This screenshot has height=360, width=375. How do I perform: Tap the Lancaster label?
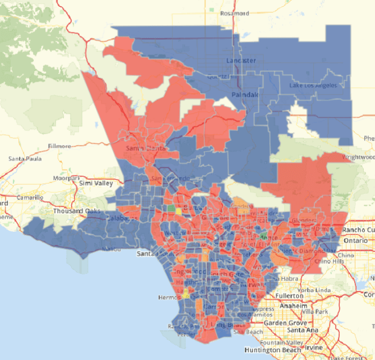[x=241, y=60]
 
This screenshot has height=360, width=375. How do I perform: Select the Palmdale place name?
[x=246, y=95]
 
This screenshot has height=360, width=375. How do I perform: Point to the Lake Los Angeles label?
[x=313, y=85]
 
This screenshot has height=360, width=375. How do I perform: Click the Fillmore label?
[x=59, y=146]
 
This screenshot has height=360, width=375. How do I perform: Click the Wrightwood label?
[x=358, y=157]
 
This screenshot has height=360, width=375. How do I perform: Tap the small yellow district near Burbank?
[x=179, y=211]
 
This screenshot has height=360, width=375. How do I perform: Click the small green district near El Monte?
[x=263, y=237]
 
